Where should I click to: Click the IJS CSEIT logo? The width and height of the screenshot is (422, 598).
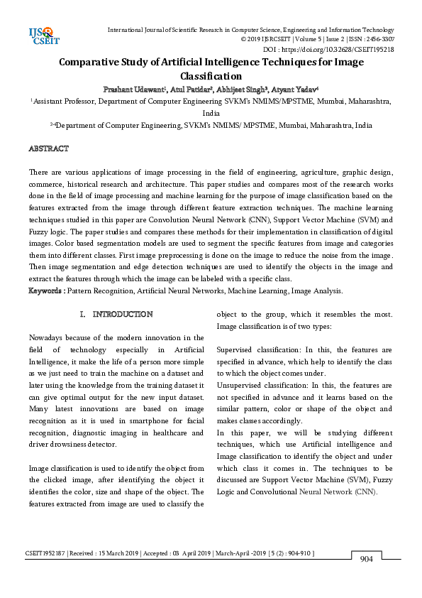[42, 36]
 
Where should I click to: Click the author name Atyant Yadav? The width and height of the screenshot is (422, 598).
[296, 89]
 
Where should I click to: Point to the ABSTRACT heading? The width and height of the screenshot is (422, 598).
[48, 148]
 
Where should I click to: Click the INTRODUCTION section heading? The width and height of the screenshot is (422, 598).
[123, 313]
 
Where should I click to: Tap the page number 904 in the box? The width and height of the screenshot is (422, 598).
[366, 559]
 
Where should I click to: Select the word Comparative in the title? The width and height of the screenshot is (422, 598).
[96, 62]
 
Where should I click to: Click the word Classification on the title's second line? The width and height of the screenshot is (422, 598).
[211, 76]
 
